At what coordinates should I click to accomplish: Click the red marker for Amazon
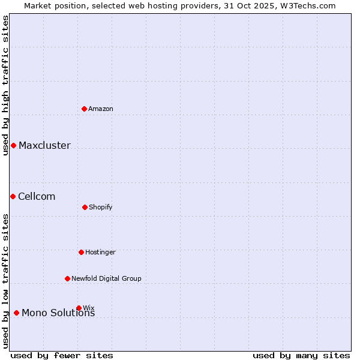click(85, 109)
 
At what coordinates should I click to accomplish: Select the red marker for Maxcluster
click(13, 145)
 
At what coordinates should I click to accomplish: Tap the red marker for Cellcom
click(13, 196)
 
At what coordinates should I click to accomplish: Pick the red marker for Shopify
click(85, 207)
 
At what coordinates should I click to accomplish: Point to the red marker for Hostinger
click(81, 252)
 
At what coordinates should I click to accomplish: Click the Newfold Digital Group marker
click(67, 278)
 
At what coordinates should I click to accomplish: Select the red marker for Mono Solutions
click(16, 313)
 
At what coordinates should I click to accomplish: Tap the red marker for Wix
click(79, 308)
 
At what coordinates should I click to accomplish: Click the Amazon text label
click(101, 109)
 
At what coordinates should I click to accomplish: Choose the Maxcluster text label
click(44, 145)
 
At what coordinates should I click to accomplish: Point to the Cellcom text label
click(37, 196)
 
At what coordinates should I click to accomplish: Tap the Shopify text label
click(101, 207)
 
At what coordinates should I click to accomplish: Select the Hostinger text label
click(100, 252)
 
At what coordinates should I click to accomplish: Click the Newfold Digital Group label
click(106, 278)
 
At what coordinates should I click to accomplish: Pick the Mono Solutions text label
click(58, 313)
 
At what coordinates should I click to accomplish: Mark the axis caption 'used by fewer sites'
click(62, 355)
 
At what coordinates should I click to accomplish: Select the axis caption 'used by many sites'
click(301, 355)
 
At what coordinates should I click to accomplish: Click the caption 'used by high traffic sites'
click(5, 85)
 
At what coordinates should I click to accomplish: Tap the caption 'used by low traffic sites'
click(5, 281)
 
